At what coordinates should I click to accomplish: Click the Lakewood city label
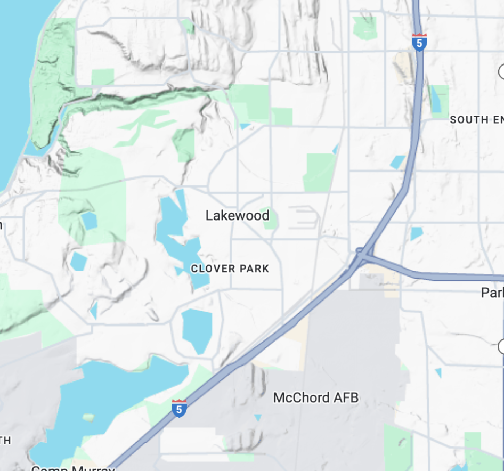237,216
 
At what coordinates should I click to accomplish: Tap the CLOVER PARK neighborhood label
230,269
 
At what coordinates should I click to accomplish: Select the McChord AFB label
315,397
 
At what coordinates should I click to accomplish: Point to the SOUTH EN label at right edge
476,120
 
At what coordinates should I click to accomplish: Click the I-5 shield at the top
419,43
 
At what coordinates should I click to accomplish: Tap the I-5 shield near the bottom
179,408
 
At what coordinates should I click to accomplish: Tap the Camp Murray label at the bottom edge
73,468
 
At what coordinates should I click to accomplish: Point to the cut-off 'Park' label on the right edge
492,293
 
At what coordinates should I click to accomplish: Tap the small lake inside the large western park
88,221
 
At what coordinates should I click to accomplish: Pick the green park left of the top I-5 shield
365,28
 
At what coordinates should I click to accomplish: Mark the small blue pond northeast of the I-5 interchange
416,233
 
